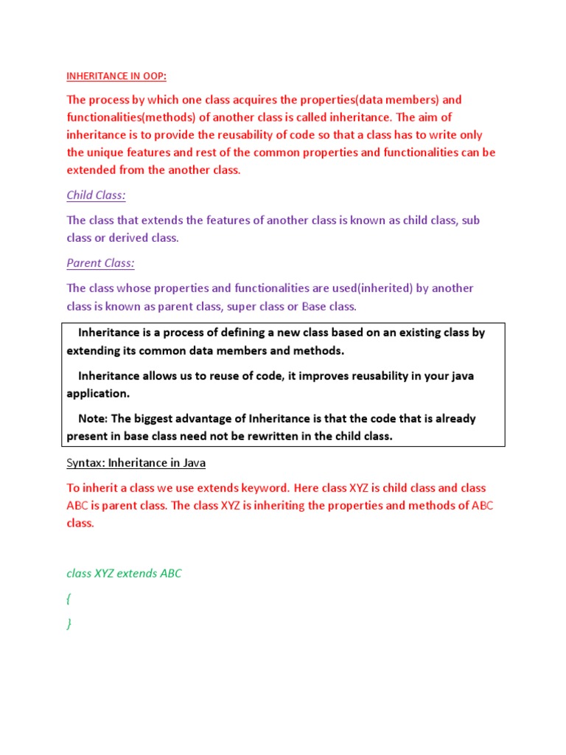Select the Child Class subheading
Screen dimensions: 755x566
[x=96, y=195]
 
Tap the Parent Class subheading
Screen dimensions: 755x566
[x=100, y=263]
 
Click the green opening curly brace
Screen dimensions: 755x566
[x=69, y=599]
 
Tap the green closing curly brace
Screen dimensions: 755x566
[x=69, y=624]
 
